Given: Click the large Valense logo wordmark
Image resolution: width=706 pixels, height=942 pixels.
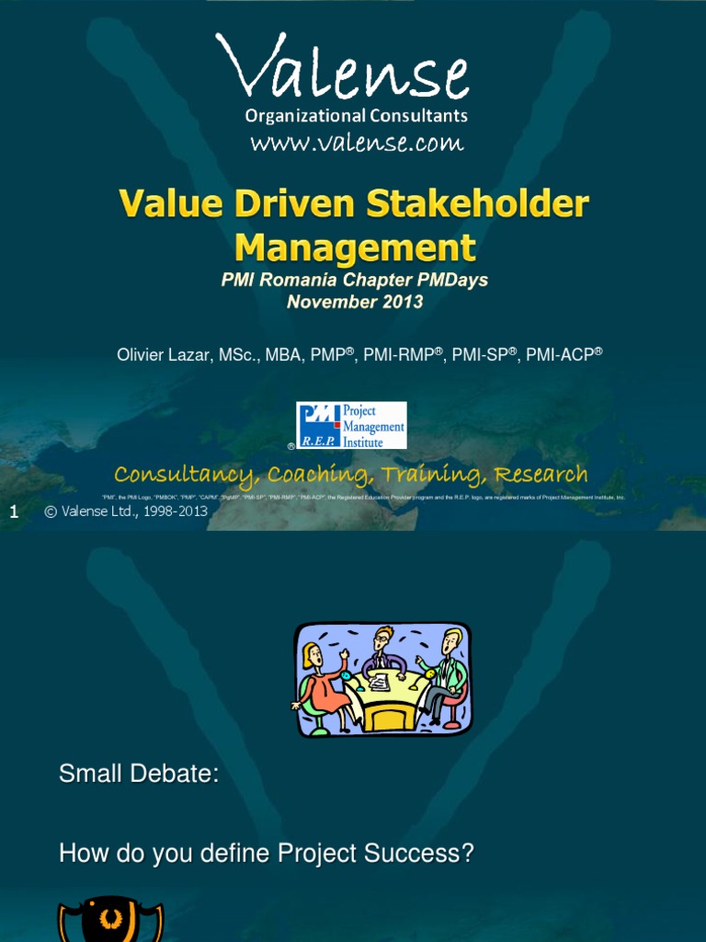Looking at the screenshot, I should (342, 70).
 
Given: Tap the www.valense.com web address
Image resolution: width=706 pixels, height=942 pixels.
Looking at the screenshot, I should (357, 143).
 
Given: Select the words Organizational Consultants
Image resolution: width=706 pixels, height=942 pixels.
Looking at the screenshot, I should (356, 116).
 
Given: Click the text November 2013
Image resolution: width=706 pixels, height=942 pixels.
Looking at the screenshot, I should (355, 301).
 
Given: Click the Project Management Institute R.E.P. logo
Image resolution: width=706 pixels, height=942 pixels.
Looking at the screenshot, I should (351, 425).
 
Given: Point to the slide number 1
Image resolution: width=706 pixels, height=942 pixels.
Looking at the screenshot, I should (14, 512).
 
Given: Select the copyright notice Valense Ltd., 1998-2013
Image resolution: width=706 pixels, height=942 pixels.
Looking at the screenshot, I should (126, 512).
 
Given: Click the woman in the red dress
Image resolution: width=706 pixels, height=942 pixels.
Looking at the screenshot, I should (322, 685).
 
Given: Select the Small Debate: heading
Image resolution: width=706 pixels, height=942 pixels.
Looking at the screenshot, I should (139, 775).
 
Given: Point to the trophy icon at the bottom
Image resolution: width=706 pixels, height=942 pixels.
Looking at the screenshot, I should (110, 922).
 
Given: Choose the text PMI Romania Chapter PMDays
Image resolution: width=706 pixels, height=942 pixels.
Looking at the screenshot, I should (355, 281).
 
